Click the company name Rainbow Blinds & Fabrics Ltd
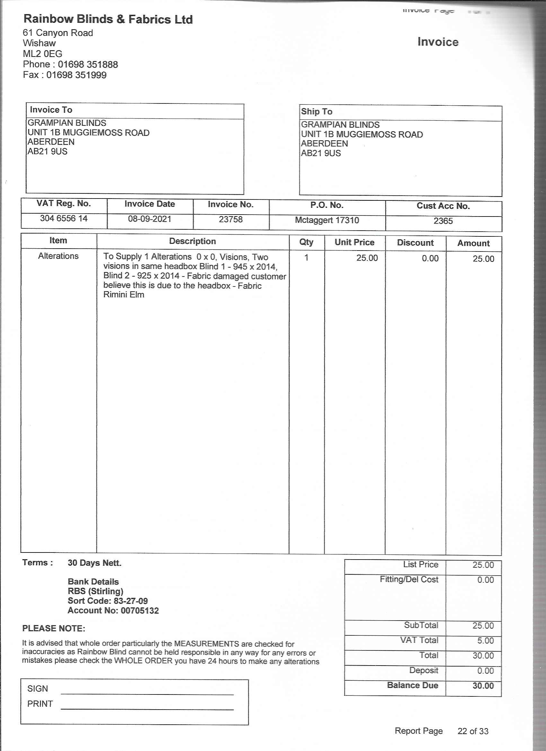pyautogui.click(x=108, y=19)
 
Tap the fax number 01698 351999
pyautogui.click(x=76, y=75)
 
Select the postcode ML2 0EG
pyautogui.click(x=42, y=54)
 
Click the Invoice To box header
pyautogui.click(x=51, y=110)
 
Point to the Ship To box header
pyautogui.click(x=317, y=111)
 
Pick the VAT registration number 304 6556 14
pyautogui.click(x=64, y=218)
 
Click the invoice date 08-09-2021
pyautogui.click(x=150, y=219)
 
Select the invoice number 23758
pyautogui.click(x=231, y=219)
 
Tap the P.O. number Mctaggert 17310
pyautogui.click(x=327, y=220)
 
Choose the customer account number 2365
pyautogui.click(x=443, y=221)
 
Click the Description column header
pyautogui.click(x=192, y=241)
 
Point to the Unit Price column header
pyautogui.click(x=354, y=242)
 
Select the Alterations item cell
pyautogui.click(x=58, y=256)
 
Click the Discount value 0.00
pyautogui.click(x=430, y=258)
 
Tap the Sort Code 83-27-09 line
pyautogui.click(x=108, y=601)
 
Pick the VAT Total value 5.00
pyautogui.click(x=485, y=641)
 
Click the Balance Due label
pyautogui.click(x=412, y=685)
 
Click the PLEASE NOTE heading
pyautogui.click(x=54, y=628)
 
